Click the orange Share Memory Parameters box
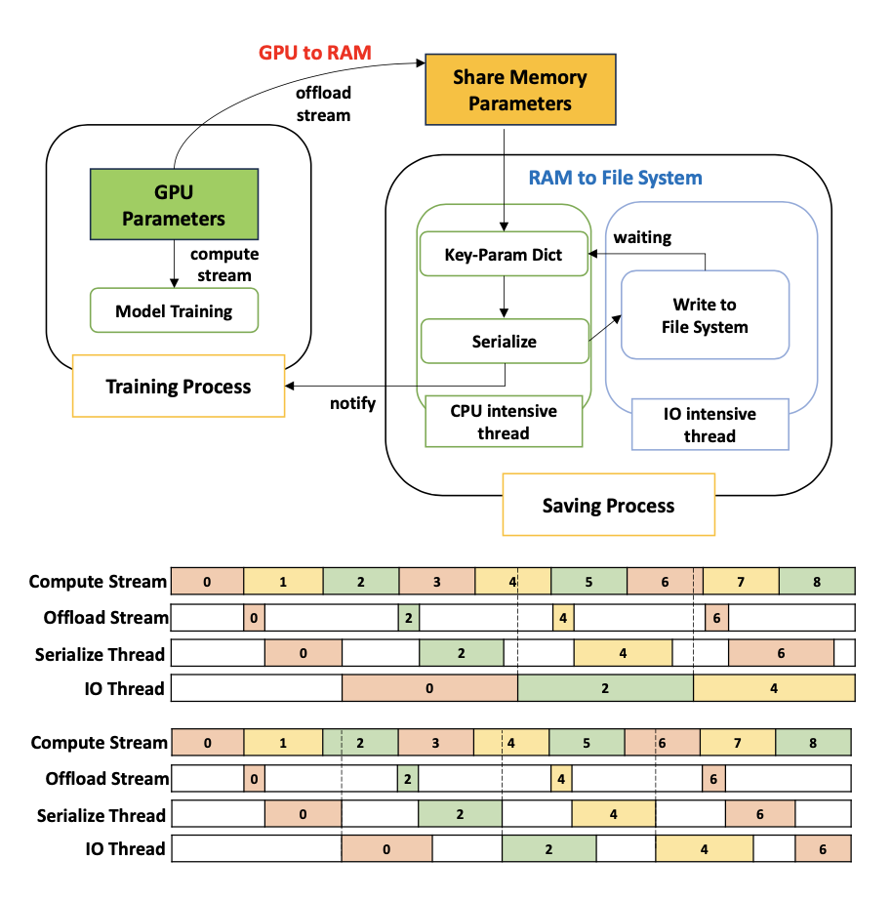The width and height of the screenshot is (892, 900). (x=519, y=90)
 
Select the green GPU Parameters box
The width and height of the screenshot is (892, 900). (x=173, y=204)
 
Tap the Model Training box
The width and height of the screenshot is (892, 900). (x=174, y=311)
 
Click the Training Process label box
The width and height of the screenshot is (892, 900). (x=179, y=387)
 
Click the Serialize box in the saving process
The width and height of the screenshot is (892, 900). (x=504, y=342)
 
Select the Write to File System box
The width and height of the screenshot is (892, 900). (x=704, y=315)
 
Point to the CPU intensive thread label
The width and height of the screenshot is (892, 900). (x=504, y=422)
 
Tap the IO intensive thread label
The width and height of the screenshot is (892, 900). (x=710, y=425)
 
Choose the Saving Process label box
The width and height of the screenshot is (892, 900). (x=608, y=505)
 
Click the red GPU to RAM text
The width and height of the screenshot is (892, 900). (x=314, y=53)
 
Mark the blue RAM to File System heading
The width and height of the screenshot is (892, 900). (x=615, y=178)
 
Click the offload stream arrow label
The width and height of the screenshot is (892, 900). (x=323, y=103)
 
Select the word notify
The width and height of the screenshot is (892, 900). (x=351, y=403)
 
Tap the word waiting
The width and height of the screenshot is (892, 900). (x=641, y=237)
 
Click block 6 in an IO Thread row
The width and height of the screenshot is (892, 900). (x=823, y=849)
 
